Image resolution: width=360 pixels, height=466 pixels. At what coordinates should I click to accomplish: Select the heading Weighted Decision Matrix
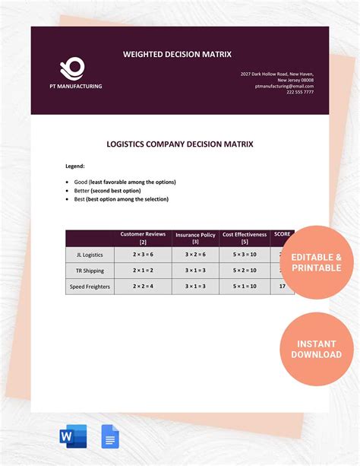click(x=177, y=54)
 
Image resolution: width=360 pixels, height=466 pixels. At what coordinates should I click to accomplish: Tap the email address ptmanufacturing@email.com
click(x=284, y=86)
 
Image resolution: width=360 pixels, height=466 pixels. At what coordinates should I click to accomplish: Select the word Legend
click(x=74, y=165)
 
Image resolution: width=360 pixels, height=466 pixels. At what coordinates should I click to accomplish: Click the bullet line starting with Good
click(x=125, y=182)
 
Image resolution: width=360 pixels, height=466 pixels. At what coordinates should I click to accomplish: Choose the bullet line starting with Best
click(x=121, y=199)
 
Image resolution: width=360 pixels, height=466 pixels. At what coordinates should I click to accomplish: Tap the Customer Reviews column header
click(x=144, y=238)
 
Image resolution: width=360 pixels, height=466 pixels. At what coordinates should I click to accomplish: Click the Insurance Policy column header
click(x=196, y=239)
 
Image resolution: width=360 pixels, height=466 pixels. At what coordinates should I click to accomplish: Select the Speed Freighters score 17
click(x=283, y=286)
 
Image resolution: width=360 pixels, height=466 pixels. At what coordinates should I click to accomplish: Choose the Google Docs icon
click(x=110, y=437)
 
